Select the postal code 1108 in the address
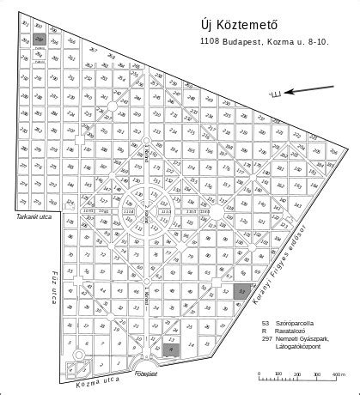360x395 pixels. [x=209, y=40]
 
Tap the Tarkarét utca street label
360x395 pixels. [x=34, y=218]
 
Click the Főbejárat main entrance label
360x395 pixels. [x=149, y=374]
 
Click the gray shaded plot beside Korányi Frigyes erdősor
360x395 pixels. [x=244, y=292]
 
